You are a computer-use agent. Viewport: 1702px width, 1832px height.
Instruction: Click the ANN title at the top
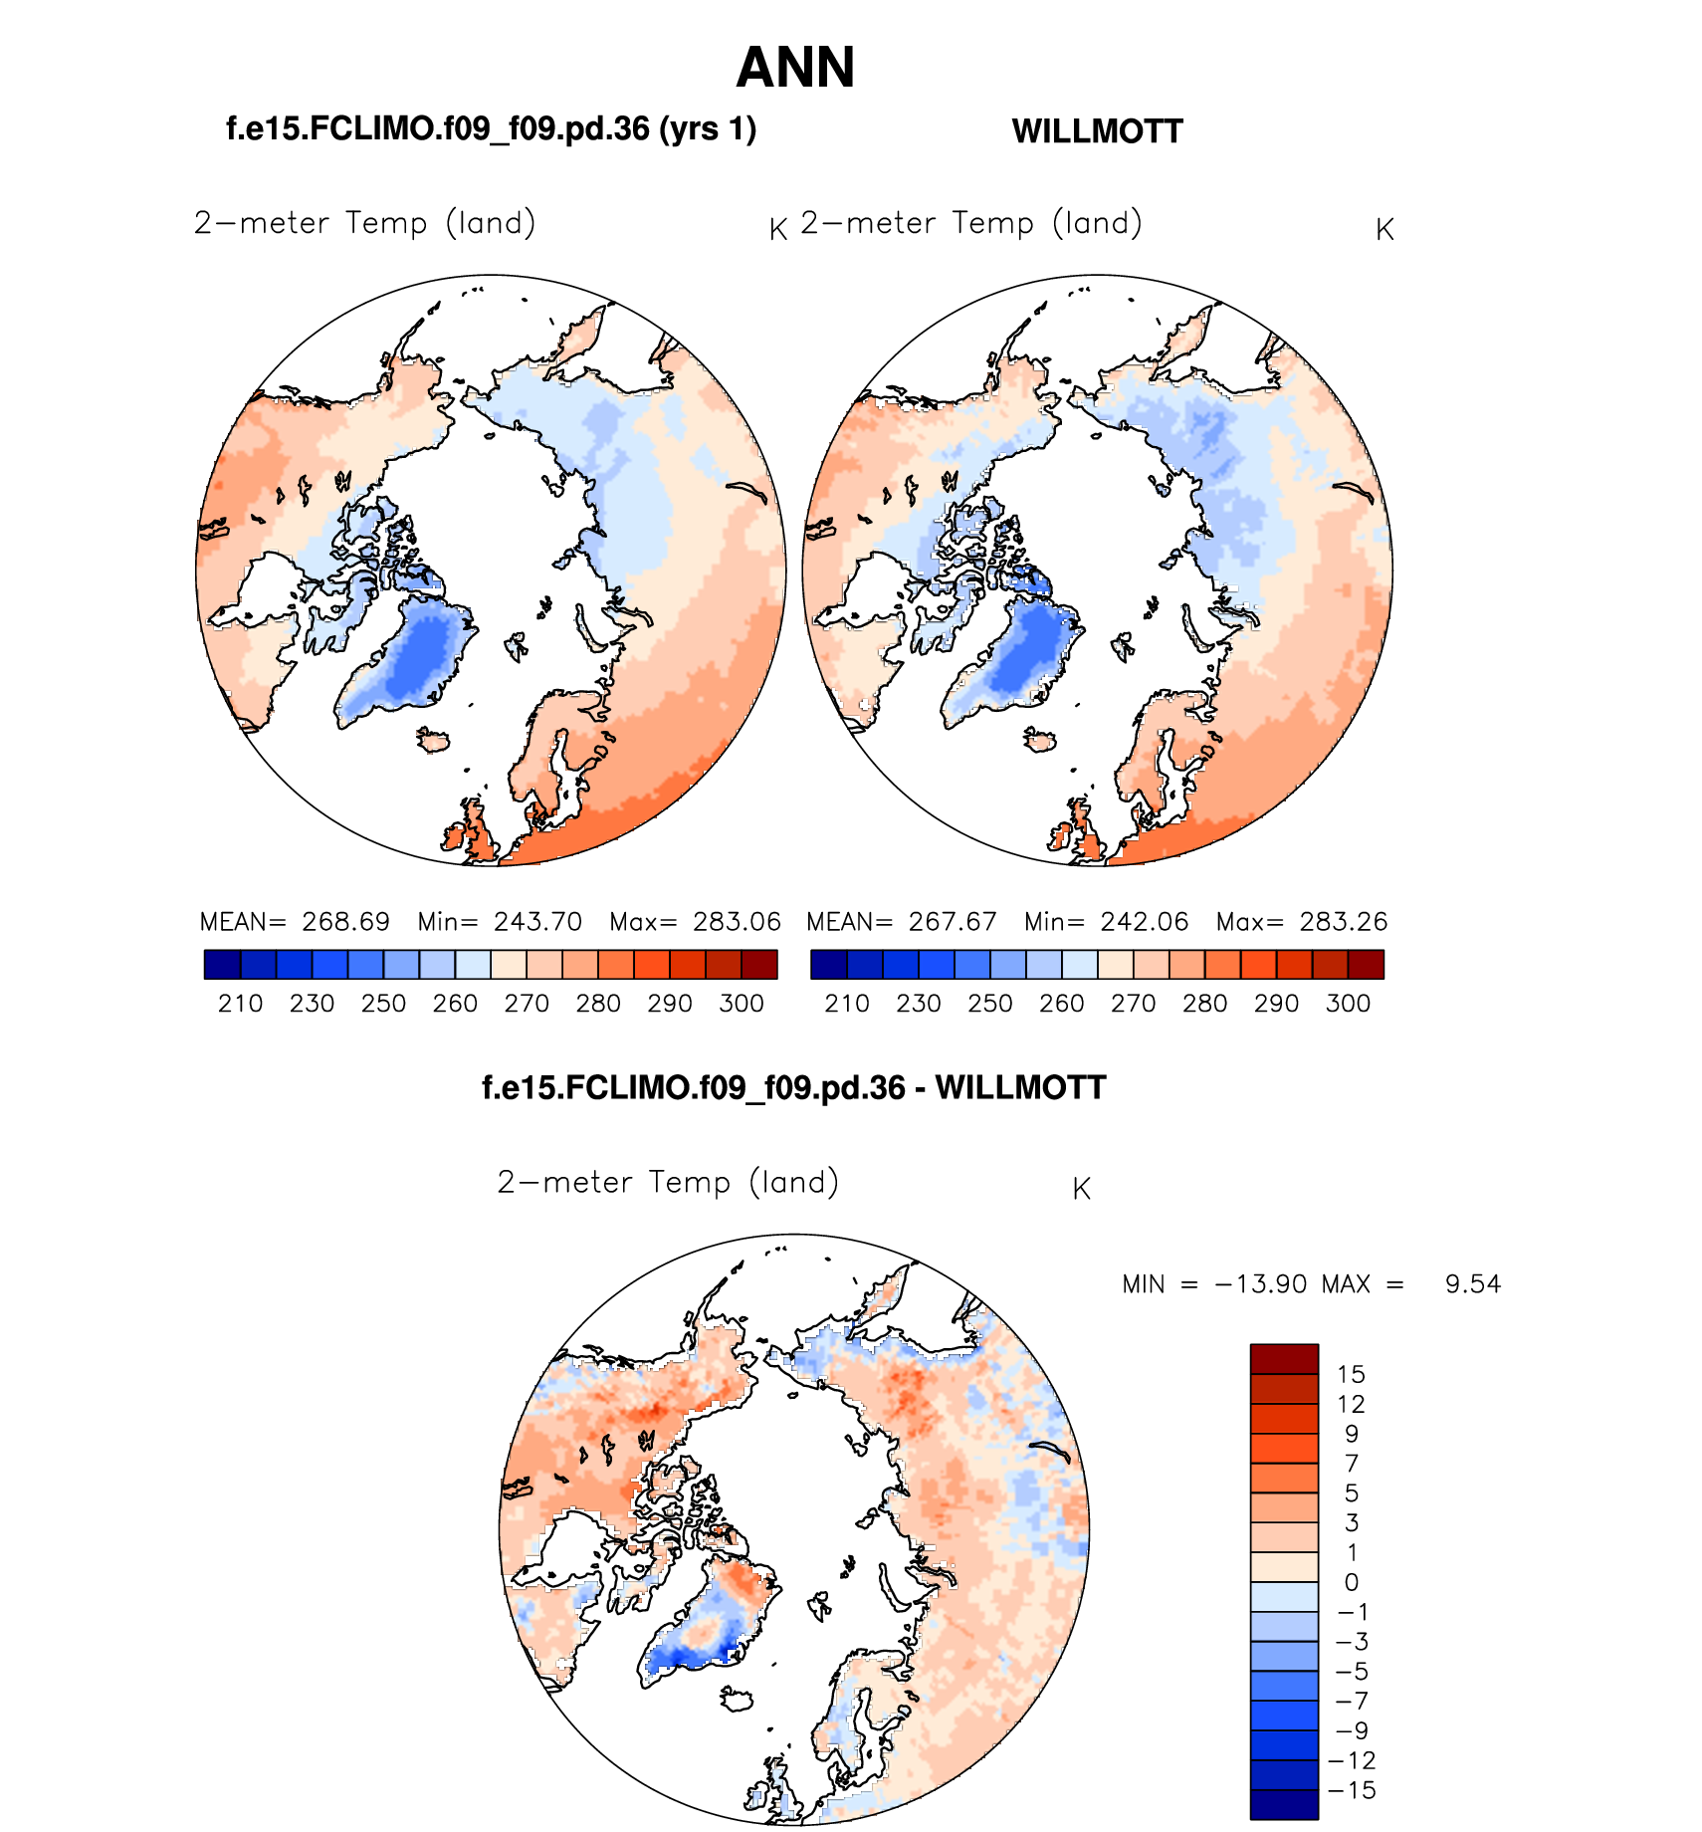click(795, 68)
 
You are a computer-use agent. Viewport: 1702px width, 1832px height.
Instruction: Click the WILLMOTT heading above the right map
click(1097, 131)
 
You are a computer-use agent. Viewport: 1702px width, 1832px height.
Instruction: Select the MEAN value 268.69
click(345, 921)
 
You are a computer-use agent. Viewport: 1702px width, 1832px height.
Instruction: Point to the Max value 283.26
click(1343, 921)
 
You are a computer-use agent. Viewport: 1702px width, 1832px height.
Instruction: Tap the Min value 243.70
click(537, 921)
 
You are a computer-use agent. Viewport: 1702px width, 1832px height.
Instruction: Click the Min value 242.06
click(1145, 921)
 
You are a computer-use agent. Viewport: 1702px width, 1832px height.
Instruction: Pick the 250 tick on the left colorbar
click(383, 1003)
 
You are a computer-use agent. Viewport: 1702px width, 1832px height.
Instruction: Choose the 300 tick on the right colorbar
click(1348, 1003)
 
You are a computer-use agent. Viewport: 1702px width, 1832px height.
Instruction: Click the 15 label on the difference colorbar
click(1351, 1374)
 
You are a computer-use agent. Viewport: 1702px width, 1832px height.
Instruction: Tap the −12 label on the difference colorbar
click(1352, 1760)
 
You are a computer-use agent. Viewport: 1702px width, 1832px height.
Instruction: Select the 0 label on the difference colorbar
click(1351, 1582)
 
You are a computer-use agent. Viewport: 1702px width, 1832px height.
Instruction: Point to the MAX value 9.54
click(1472, 1283)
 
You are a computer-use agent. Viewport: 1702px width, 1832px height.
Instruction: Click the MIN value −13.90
click(1261, 1283)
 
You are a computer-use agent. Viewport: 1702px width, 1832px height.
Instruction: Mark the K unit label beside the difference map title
click(1082, 1189)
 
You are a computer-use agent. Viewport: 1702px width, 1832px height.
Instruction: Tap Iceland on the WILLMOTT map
click(1041, 740)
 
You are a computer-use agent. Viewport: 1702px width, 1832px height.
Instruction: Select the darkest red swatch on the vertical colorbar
click(1284, 1359)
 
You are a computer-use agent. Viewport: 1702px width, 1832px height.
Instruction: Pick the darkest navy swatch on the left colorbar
click(222, 965)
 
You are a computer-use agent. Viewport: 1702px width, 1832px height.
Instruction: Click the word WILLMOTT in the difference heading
click(1020, 1087)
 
